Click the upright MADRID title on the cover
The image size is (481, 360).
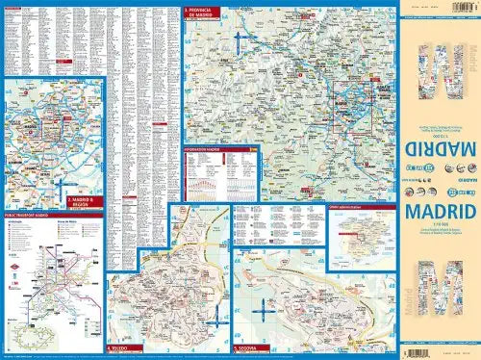click(x=439, y=207)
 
